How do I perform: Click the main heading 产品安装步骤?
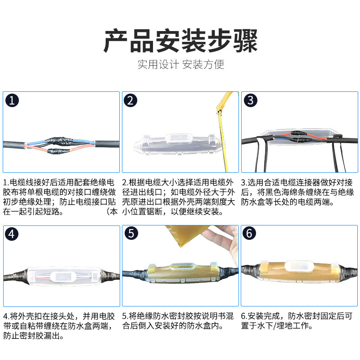tap(180, 40)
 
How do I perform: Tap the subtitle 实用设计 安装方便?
tap(180, 64)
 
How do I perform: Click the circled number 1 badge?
tap(12, 100)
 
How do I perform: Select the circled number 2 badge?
tap(130, 100)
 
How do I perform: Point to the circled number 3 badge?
tap(250, 100)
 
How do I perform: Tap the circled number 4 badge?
tap(12, 234)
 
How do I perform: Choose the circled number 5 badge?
tap(131, 234)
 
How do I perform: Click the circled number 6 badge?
tap(249, 233)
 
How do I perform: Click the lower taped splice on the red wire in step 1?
tap(58, 151)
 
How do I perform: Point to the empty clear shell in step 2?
tap(178, 144)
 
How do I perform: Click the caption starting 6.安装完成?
tap(297, 321)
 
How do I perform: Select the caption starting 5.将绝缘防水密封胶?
tap(178, 321)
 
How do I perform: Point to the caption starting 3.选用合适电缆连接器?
tap(297, 192)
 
